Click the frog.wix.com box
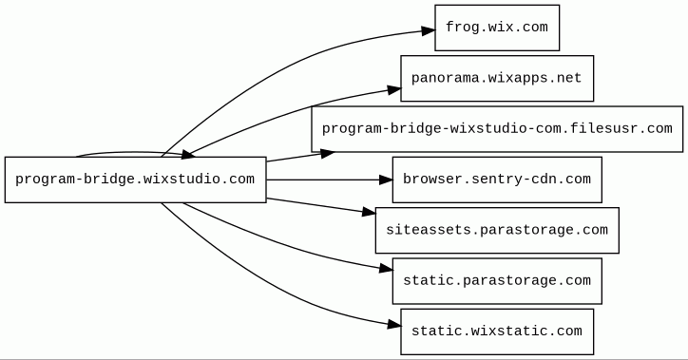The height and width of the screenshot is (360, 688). tap(497, 28)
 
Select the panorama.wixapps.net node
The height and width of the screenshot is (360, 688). tap(497, 79)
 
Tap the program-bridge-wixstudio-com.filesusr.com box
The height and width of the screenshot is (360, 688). tap(497, 129)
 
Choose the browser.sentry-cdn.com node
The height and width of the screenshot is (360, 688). tap(497, 180)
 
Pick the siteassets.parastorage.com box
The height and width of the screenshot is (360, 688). tap(497, 230)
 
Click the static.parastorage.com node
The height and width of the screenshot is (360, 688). tap(497, 281)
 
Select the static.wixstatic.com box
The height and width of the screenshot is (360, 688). tap(497, 332)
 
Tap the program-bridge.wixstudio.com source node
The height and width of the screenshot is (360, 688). tap(136, 180)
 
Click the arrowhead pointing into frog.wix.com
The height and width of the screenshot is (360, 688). tap(429, 30)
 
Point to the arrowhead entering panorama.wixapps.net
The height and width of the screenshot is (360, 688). tap(394, 90)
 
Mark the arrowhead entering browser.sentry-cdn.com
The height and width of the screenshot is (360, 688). tap(386, 180)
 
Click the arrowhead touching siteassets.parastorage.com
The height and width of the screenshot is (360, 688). tap(369, 212)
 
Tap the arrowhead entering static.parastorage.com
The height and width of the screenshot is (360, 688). tap(386, 269)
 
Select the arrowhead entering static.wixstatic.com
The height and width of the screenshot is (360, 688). tap(394, 325)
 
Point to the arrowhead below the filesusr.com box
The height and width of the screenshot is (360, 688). tap(327, 154)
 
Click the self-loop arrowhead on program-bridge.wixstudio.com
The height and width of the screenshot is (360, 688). tap(188, 154)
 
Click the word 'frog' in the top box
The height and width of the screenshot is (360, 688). tap(462, 28)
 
